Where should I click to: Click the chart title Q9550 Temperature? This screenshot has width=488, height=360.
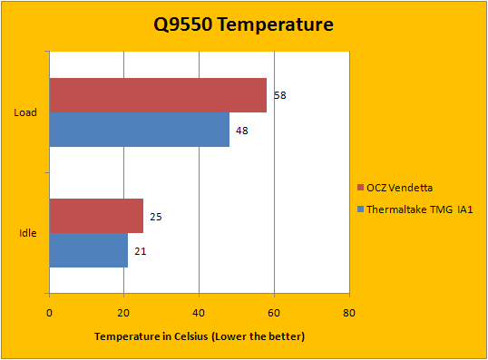pyautogui.click(x=244, y=24)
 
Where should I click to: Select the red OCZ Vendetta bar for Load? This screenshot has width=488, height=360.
pyautogui.click(x=158, y=95)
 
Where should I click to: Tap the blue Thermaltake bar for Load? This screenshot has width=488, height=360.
pyautogui.click(x=140, y=130)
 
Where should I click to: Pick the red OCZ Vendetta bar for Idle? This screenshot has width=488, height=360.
pyautogui.click(x=96, y=216)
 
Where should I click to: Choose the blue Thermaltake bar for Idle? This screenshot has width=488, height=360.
pyautogui.click(x=89, y=250)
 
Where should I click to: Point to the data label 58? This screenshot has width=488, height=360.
pyautogui.click(x=280, y=95)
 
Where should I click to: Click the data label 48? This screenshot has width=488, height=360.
pyautogui.click(x=242, y=131)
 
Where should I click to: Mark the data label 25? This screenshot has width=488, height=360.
pyautogui.click(x=156, y=217)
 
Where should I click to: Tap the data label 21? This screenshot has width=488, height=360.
pyautogui.click(x=141, y=251)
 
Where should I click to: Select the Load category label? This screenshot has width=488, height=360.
pyautogui.click(x=25, y=112)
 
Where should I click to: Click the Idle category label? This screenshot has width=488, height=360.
pyautogui.click(x=28, y=233)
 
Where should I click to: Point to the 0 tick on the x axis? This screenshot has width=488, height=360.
pyautogui.click(x=49, y=313)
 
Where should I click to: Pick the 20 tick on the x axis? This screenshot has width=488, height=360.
pyautogui.click(x=123, y=313)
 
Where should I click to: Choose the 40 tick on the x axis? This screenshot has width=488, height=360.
pyautogui.click(x=199, y=313)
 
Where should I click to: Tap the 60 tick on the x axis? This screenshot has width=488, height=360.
pyautogui.click(x=274, y=313)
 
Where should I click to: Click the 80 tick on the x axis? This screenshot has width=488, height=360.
pyautogui.click(x=349, y=313)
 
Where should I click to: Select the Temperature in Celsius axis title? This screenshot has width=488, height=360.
pyautogui.click(x=200, y=336)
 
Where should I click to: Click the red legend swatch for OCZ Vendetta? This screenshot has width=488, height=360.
pyautogui.click(x=361, y=188)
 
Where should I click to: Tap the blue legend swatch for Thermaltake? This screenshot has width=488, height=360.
pyautogui.click(x=361, y=209)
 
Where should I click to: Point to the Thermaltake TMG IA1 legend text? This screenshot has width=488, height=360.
pyautogui.click(x=420, y=209)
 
